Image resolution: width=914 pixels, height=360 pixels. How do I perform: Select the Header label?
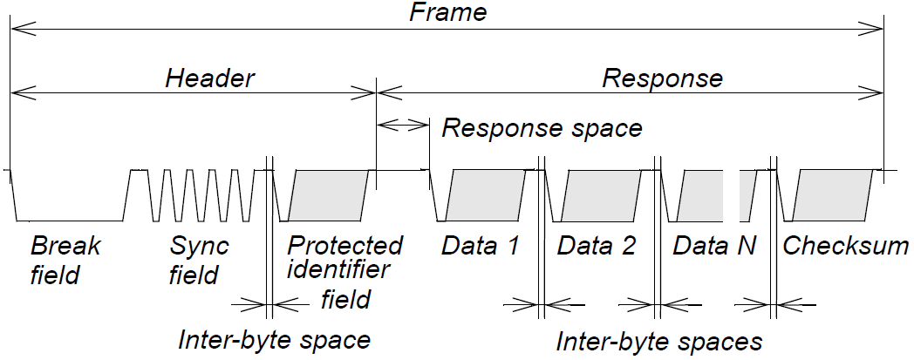tap(209, 78)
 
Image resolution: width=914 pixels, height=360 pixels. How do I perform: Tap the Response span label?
tap(663, 78)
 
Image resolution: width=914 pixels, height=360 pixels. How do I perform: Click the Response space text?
tap(542, 128)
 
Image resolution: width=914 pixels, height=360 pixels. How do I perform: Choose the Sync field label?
tap(199, 260)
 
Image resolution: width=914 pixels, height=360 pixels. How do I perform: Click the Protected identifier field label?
tap(345, 271)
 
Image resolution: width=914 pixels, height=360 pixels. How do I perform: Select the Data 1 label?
tap(480, 246)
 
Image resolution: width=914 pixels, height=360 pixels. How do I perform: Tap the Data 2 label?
tap(597, 246)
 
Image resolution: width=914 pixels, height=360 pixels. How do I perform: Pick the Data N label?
tap(713, 246)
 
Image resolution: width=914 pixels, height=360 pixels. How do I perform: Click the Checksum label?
tap(845, 246)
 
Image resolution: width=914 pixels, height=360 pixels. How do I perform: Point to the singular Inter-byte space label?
tap(275, 339)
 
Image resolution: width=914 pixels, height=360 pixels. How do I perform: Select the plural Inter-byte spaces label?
tap(659, 341)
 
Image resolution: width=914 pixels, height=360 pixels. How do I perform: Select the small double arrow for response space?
tap(402, 126)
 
